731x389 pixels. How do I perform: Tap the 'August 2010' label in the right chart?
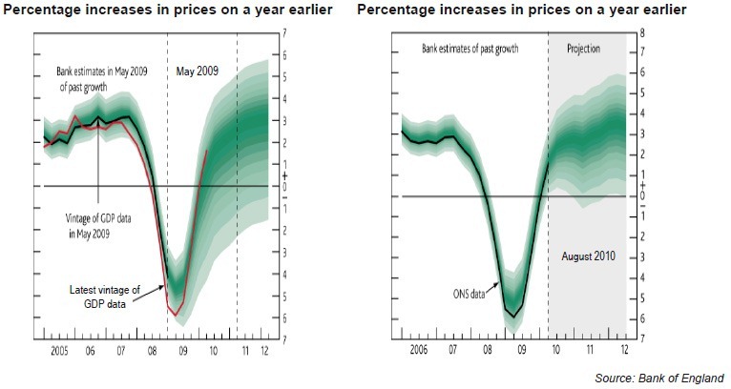[589, 256]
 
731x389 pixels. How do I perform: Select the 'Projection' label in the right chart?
[583, 48]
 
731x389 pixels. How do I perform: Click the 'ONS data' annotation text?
[469, 295]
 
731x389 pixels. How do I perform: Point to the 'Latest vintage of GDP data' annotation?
[106, 296]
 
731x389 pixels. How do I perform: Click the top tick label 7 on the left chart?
[284, 33]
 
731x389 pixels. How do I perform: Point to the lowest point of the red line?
[175, 314]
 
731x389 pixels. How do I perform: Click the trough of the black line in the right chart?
[514, 317]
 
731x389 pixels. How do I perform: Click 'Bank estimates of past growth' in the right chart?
[470, 48]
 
